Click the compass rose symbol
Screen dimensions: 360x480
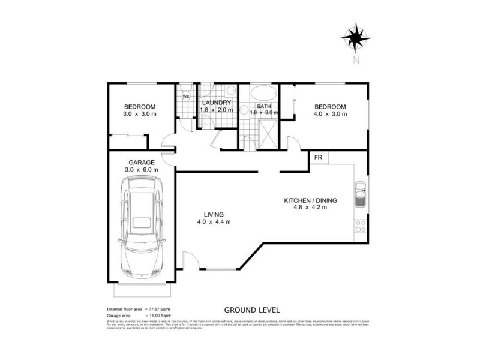(x=356, y=37)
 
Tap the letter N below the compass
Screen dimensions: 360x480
(x=356, y=59)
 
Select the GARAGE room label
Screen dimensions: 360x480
(x=142, y=162)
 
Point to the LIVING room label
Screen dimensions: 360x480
(x=214, y=214)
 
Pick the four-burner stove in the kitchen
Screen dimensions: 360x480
(x=361, y=226)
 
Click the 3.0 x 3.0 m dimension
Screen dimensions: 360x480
(x=139, y=114)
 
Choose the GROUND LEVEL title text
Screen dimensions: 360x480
(x=252, y=310)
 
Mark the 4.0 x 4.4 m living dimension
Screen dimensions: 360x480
(x=214, y=222)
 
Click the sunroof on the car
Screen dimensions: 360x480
(x=142, y=223)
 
